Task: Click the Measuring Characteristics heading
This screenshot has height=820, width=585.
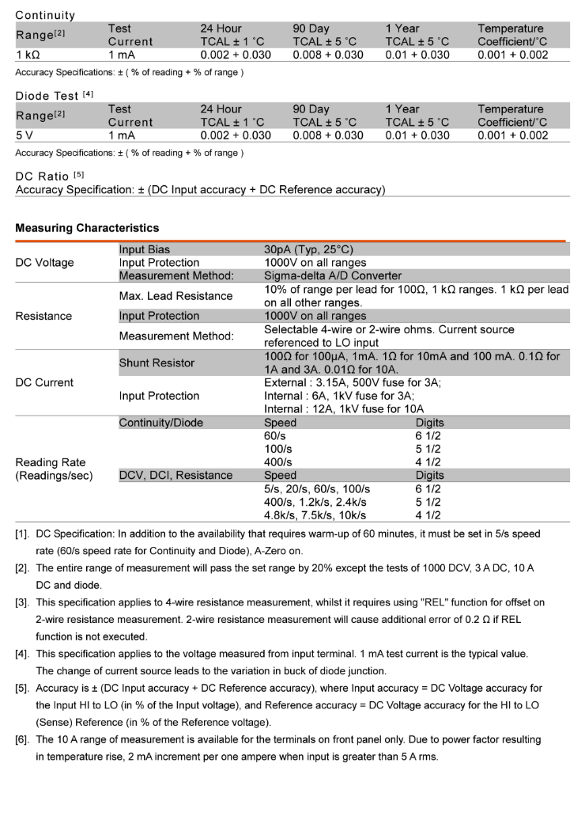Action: click(x=87, y=228)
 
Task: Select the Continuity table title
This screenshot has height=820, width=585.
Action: click(x=45, y=15)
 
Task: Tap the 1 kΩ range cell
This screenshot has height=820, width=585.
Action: click(x=31, y=55)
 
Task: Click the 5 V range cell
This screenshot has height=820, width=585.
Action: click(x=25, y=135)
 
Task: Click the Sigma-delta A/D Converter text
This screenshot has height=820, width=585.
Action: click(x=338, y=275)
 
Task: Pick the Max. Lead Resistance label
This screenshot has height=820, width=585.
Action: click(x=175, y=296)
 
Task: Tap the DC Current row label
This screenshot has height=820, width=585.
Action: click(x=44, y=382)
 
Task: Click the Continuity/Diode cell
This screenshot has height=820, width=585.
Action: click(x=160, y=423)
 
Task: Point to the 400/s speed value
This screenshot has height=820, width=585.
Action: click(x=277, y=462)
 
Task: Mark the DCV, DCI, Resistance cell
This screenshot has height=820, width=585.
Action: click(x=175, y=476)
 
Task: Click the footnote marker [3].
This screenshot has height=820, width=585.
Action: click(x=23, y=602)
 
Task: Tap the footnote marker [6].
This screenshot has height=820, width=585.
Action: click(x=23, y=739)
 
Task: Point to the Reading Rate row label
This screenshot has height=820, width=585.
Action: click(x=51, y=462)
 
